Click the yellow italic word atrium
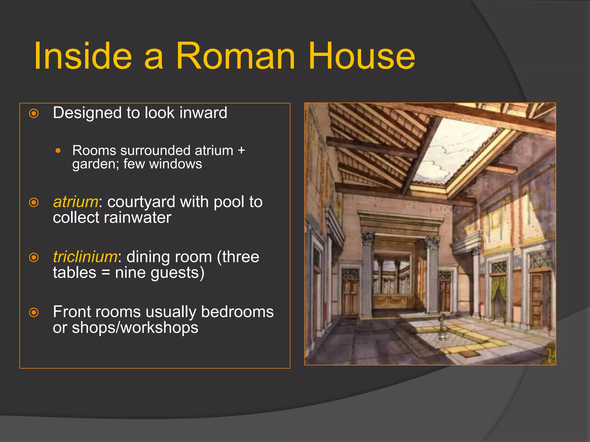76,202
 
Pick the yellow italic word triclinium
85,257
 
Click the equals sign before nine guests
106,273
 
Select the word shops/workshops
135,328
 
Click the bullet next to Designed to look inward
34,113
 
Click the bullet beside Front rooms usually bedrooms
34,313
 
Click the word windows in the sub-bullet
175,164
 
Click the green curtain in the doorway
498,296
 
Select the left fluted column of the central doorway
367,276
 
